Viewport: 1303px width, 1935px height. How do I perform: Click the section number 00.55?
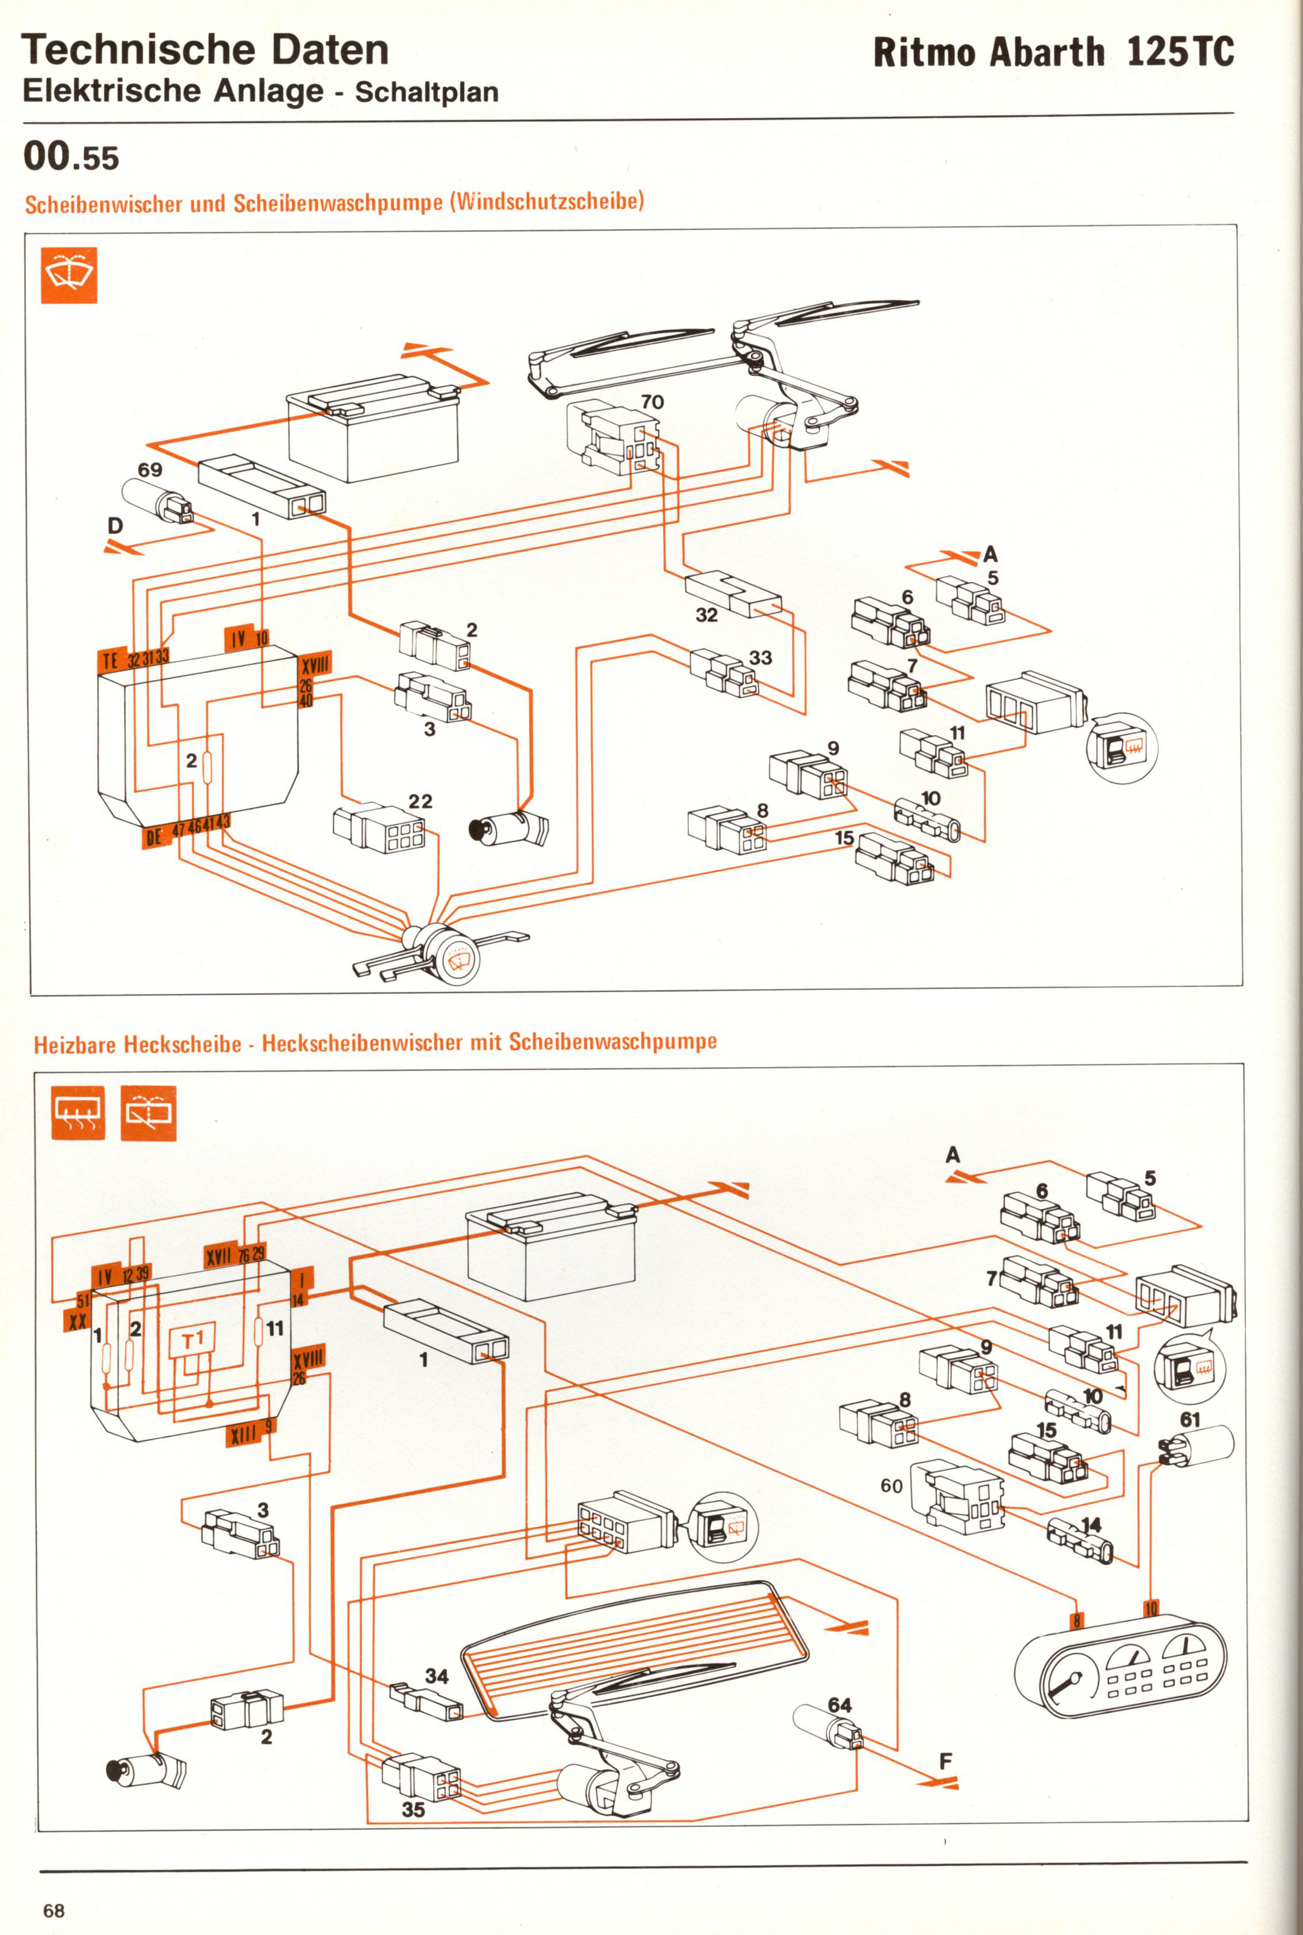tap(71, 157)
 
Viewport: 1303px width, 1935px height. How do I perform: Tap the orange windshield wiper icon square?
tap(69, 275)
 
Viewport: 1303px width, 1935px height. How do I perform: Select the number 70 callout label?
tap(652, 402)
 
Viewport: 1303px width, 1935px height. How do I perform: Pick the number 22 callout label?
tap(420, 801)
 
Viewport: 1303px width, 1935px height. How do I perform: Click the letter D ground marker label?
tap(115, 525)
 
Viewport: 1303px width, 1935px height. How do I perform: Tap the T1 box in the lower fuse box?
tap(193, 1339)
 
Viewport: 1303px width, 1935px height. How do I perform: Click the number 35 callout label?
tap(413, 1809)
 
